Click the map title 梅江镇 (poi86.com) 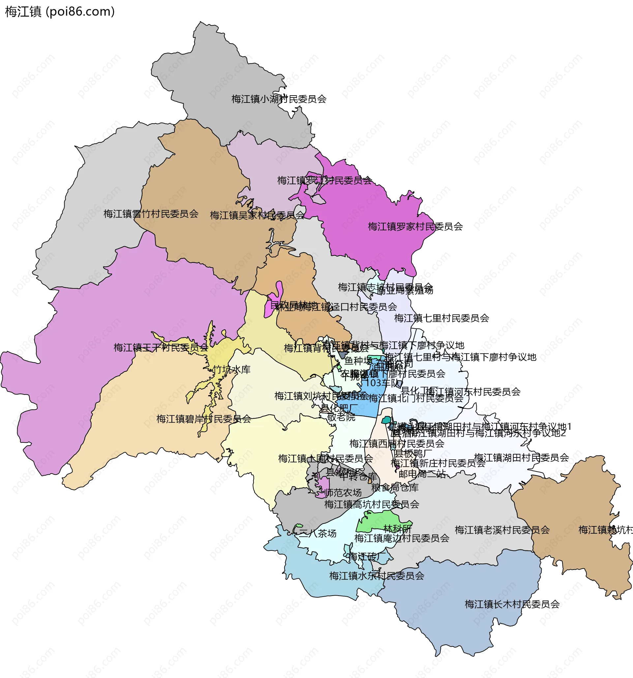tap(60, 12)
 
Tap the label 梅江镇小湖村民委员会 tap(279, 99)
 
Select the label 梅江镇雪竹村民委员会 tap(151, 214)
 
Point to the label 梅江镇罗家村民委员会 tap(415, 226)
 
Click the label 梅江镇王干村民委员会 tap(161, 347)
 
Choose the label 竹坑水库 tap(231, 369)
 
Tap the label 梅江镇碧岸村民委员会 tap(204, 419)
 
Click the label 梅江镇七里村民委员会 tap(441, 318)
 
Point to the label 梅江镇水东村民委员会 tap(377, 576)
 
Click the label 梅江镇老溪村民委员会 tap(502, 530)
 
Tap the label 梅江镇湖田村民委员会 tap(521, 457)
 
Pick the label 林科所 tap(397, 529)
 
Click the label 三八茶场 tap(317, 533)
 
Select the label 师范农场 tap(343, 492)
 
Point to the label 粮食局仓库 tap(395, 487)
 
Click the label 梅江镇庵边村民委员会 tap(402, 538)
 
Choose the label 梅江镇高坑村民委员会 tap(372, 504)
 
